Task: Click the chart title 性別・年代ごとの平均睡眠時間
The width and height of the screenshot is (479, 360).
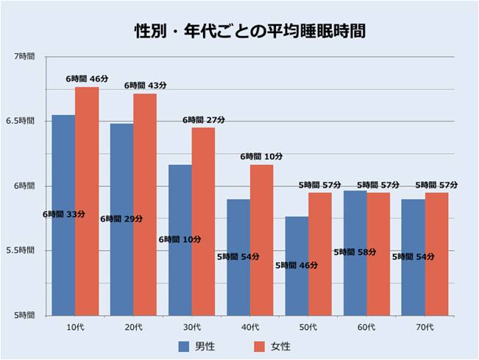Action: (x=239, y=32)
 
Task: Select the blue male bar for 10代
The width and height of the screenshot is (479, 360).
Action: (x=63, y=213)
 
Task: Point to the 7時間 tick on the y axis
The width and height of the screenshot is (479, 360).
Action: (x=24, y=57)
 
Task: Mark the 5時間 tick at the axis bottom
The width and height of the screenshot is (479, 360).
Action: (x=24, y=315)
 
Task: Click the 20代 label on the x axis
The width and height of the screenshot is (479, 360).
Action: (x=133, y=326)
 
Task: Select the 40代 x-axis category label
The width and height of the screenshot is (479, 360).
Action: (x=249, y=326)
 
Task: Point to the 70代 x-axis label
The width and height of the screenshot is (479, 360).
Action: (x=425, y=326)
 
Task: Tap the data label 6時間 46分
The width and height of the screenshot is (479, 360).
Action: (x=86, y=78)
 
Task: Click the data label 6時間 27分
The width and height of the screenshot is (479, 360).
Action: (x=203, y=119)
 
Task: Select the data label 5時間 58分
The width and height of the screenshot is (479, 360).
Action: (x=355, y=252)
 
